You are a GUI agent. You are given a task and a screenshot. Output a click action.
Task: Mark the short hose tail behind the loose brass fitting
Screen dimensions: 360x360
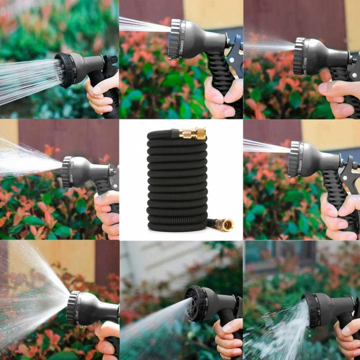point(211,223)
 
